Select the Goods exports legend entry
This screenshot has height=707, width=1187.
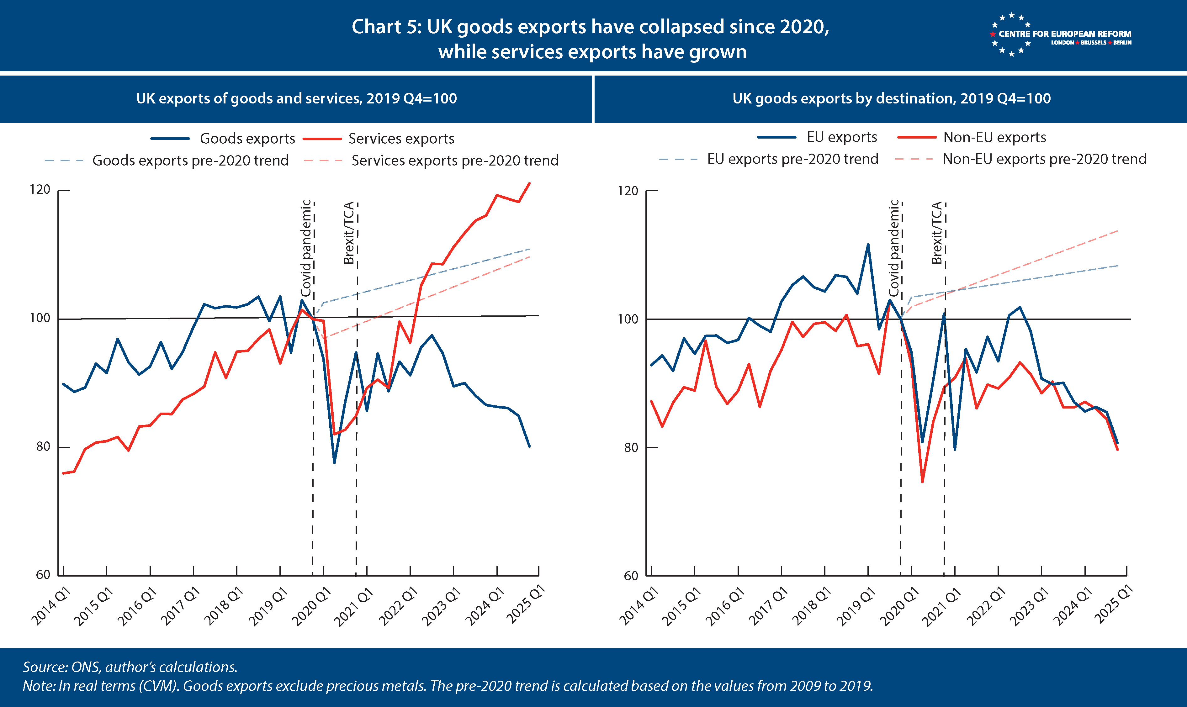pos(223,139)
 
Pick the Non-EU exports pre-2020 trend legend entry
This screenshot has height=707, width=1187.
pos(1020,159)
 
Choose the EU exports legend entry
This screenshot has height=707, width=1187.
pos(817,137)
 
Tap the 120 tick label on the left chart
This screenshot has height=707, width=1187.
pos(40,190)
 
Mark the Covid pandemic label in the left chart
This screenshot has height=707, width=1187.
pos(306,248)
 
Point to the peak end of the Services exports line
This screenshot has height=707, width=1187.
pos(529,183)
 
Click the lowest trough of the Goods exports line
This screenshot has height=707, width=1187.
pos(335,462)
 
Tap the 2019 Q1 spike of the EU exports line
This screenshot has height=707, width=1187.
pos(868,245)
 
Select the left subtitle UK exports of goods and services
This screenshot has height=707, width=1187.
pos(296,99)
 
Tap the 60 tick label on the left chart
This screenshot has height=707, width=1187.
pos(43,575)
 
